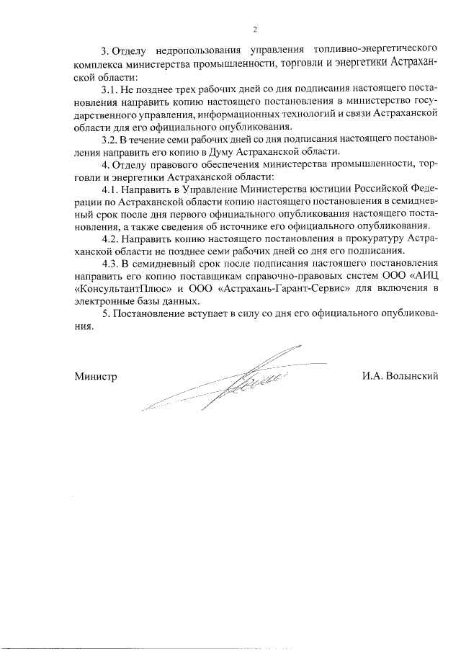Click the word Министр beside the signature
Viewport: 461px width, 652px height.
click(x=94, y=376)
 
